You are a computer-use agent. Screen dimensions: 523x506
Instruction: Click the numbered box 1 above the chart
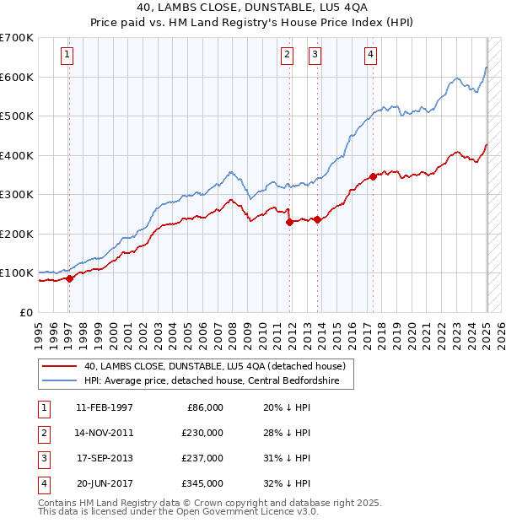pos(67,56)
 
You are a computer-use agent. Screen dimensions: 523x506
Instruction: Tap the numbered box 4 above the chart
pos(370,56)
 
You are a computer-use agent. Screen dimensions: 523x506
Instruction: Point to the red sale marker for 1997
pos(70,279)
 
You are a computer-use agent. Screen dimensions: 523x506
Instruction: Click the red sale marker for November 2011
pos(289,223)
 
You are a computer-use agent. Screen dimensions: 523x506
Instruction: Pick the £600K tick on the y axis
pos(18,77)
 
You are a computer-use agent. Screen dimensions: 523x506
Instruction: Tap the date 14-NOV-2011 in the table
pos(104,433)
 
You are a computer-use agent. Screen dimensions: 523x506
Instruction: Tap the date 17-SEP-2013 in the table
pos(104,458)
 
